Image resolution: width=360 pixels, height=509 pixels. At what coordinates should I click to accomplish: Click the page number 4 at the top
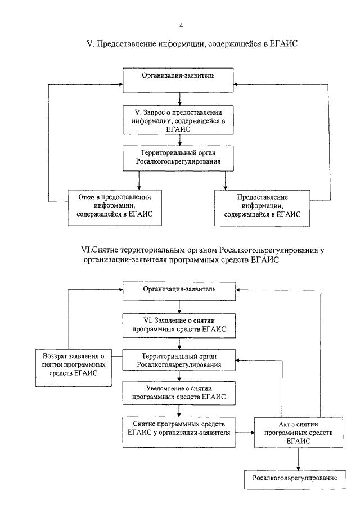click(181, 26)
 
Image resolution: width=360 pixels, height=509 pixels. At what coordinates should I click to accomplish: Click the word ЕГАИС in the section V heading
click(283, 43)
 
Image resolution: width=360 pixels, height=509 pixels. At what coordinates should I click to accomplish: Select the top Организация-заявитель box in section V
click(178, 80)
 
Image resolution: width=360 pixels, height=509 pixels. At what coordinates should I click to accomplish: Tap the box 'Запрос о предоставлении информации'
click(178, 120)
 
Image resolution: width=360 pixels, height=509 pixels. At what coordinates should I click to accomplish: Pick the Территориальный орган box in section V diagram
click(178, 159)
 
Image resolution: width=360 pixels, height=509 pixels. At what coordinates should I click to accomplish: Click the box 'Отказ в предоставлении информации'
click(115, 208)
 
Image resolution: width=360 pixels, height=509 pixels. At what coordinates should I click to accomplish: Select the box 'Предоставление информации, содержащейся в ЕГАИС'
click(262, 208)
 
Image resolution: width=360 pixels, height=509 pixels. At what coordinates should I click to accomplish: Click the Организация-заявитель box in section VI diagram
click(179, 291)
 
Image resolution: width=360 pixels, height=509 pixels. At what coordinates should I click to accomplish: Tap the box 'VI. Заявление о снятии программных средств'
click(179, 326)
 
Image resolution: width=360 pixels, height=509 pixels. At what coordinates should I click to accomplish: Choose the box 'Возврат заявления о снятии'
click(73, 368)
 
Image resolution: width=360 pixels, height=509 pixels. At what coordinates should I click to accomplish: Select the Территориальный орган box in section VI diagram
click(179, 361)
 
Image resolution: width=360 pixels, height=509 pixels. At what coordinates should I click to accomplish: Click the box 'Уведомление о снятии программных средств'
click(179, 393)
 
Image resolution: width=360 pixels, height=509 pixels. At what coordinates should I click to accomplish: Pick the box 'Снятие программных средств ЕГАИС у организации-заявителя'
click(179, 433)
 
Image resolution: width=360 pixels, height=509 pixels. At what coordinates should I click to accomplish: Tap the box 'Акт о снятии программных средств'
click(299, 433)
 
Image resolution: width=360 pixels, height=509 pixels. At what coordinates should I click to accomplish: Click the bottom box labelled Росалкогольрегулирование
click(295, 479)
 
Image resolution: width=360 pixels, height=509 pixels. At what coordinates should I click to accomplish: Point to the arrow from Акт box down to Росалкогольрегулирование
click(298, 459)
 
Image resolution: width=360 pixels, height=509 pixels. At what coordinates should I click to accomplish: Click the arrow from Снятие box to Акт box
click(245, 433)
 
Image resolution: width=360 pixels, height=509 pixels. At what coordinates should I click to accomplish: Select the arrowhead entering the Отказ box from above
click(139, 188)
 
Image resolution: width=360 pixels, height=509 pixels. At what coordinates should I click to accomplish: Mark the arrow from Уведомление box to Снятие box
click(179, 411)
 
